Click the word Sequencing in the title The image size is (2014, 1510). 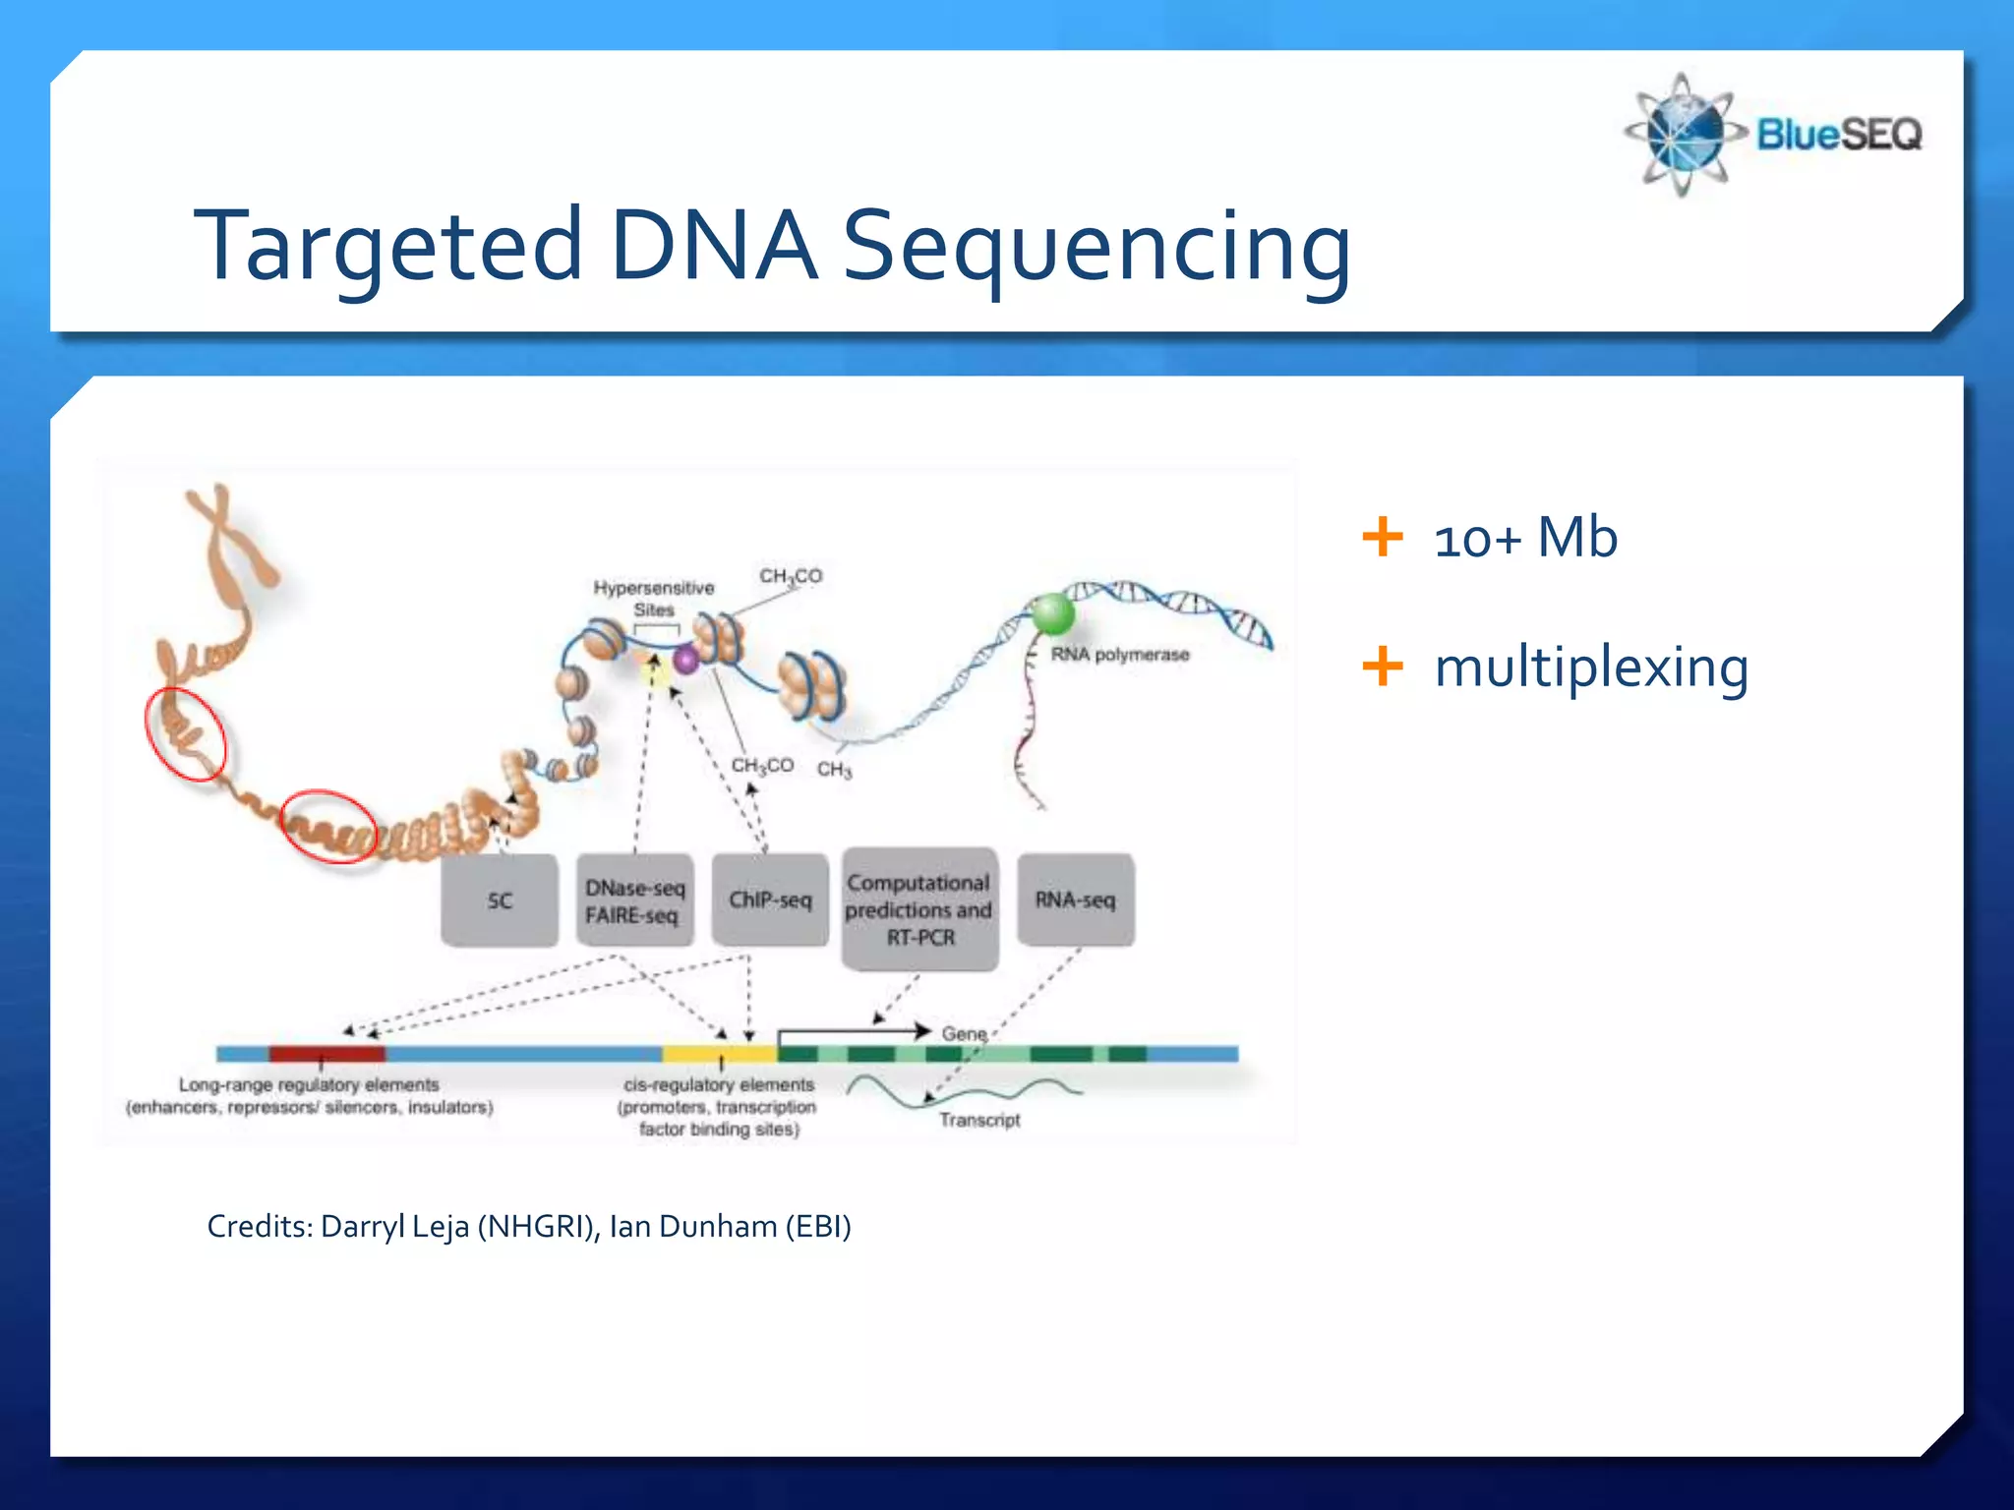[1096, 246]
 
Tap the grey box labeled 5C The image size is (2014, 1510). [500, 900]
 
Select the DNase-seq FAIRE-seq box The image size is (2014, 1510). [634, 900]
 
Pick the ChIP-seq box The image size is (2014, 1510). [770, 900]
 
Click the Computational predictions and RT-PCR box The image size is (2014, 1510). [919, 909]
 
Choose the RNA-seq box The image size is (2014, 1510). [1075, 900]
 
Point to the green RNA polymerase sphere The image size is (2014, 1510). [1051, 614]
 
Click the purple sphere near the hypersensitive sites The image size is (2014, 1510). [685, 660]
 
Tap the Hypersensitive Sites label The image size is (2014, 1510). [654, 598]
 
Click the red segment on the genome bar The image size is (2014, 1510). [326, 1054]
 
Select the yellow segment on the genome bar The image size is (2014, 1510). [719, 1054]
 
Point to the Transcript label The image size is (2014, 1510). [979, 1120]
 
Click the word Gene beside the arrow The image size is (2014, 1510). [964, 1033]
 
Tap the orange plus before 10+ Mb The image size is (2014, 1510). [1382, 537]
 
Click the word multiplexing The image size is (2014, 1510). [1591, 668]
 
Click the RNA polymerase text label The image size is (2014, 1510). [1120, 655]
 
